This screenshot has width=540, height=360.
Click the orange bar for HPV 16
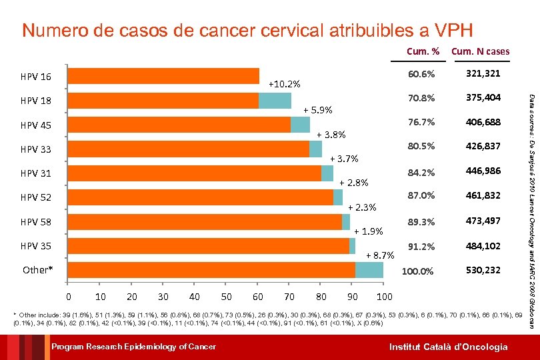click(x=163, y=76)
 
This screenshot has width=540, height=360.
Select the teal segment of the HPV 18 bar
click(x=275, y=101)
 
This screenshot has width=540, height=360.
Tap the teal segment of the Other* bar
click(x=369, y=270)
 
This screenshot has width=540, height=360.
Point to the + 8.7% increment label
click(x=381, y=255)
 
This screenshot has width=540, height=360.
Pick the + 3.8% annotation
click(x=331, y=134)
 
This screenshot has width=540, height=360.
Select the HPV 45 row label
click(x=36, y=125)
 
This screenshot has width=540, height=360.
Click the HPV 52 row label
click(x=36, y=197)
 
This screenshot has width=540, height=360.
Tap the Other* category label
click(x=37, y=270)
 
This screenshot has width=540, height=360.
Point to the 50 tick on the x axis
click(x=227, y=296)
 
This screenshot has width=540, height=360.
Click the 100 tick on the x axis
click(x=384, y=296)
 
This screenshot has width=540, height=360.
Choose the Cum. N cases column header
click(x=480, y=51)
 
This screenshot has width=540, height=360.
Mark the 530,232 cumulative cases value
click(x=483, y=271)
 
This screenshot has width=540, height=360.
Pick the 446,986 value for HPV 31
click(x=483, y=171)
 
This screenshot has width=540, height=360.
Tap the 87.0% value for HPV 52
click(x=422, y=196)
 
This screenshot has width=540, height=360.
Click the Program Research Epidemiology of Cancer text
click(x=134, y=347)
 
